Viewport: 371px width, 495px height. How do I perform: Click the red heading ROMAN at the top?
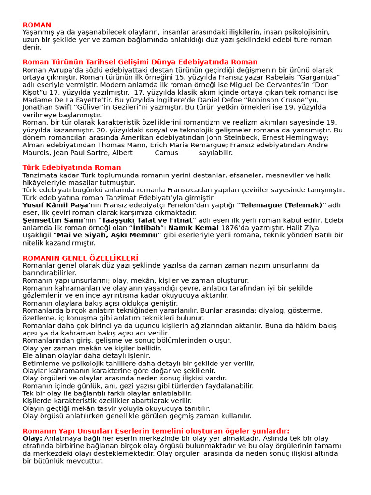(37, 25)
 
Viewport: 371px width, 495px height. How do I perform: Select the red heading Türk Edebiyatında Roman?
(71, 168)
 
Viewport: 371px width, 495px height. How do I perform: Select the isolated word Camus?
(165, 153)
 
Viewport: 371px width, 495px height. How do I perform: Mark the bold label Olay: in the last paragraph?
(32, 438)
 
